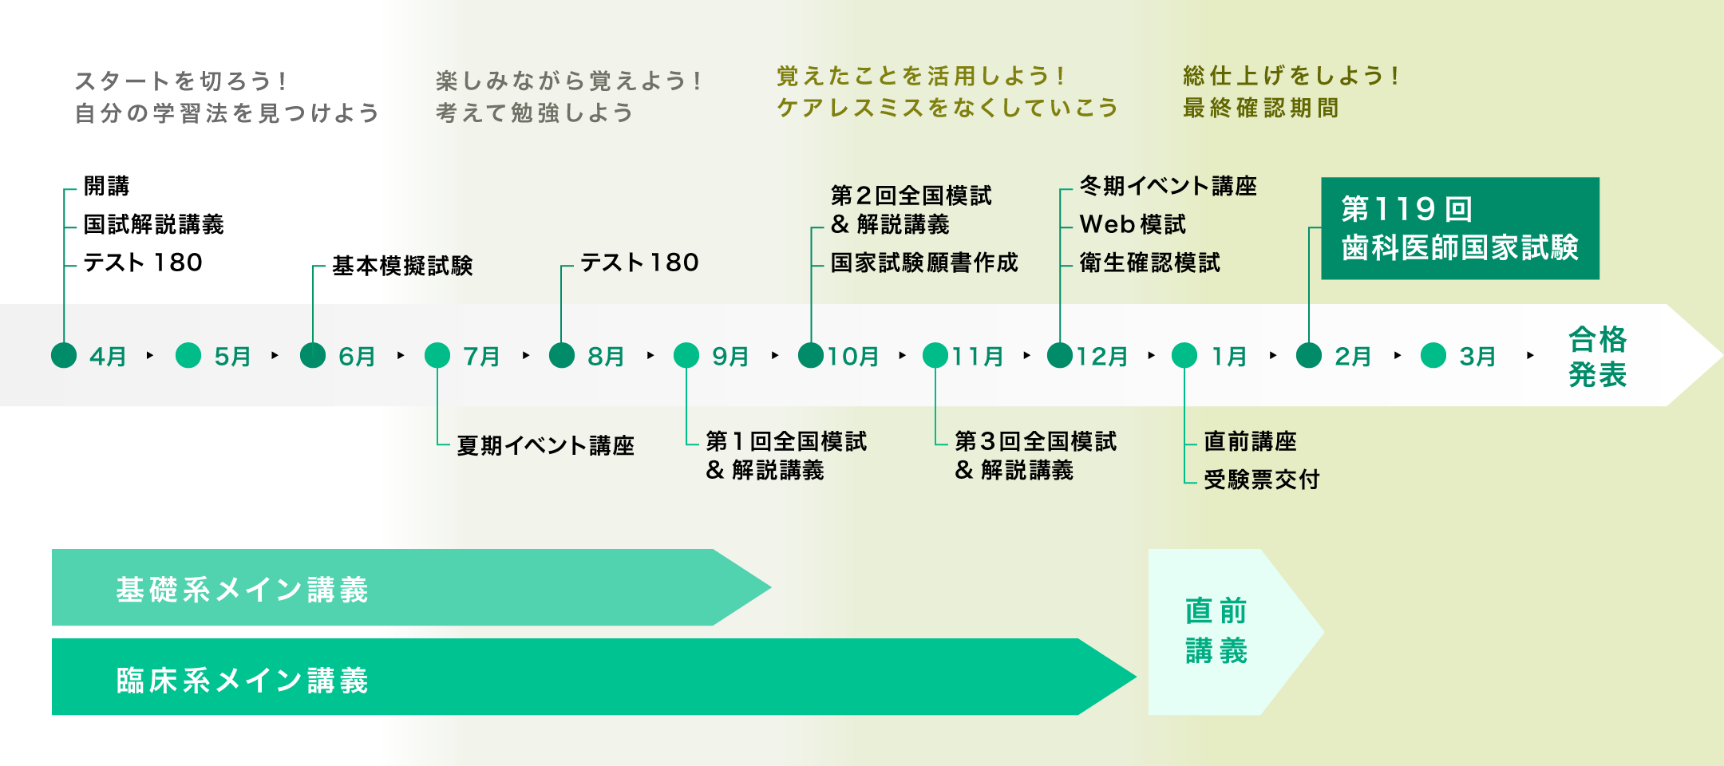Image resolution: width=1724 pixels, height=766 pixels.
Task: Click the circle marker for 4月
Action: [64, 355]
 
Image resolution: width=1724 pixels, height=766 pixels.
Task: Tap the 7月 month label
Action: [481, 357]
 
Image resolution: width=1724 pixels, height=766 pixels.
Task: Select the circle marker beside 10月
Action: [811, 355]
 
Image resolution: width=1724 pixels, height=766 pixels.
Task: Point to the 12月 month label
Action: [1102, 357]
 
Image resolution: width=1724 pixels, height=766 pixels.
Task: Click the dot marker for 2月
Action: [1309, 355]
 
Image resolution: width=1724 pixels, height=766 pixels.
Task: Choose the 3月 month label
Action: [1477, 357]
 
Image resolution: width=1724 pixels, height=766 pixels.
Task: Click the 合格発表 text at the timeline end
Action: [1597, 357]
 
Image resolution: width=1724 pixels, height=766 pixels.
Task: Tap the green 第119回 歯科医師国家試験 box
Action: [1460, 228]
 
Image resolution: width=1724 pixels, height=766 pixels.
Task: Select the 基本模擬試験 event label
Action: [402, 266]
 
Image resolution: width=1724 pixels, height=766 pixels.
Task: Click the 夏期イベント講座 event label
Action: [545, 445]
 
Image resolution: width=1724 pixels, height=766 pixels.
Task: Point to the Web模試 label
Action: [1133, 225]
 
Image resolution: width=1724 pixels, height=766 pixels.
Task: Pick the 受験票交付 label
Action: [1261, 480]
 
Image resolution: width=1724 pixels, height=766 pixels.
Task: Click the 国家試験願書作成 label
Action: [924, 263]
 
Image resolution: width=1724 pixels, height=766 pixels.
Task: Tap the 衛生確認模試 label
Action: [1149, 263]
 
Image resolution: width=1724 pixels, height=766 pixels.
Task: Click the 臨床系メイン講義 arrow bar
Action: [559, 677]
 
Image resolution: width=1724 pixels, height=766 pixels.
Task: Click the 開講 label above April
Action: [106, 186]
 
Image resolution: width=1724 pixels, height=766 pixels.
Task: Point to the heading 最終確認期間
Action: [1260, 108]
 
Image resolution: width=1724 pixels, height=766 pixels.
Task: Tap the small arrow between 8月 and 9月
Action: [650, 355]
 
